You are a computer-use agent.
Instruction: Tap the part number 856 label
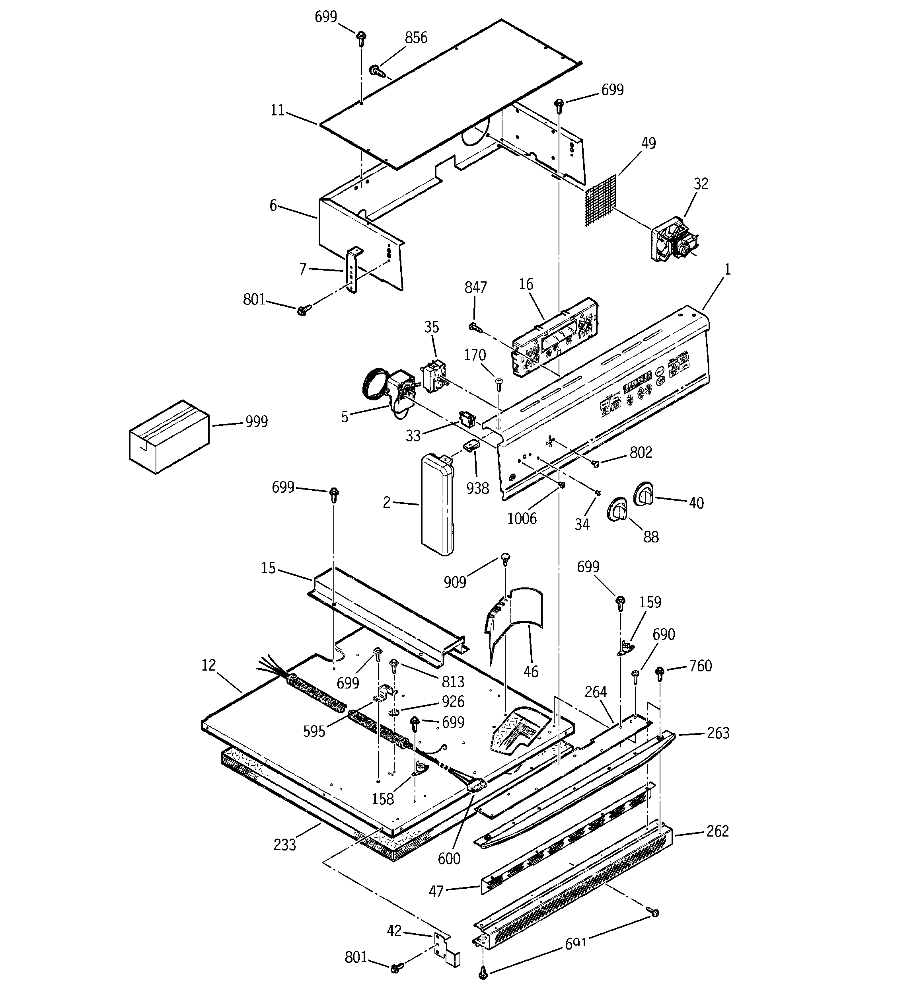click(x=416, y=38)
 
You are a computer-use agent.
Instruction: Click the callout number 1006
click(x=522, y=519)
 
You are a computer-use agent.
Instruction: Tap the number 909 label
click(x=454, y=582)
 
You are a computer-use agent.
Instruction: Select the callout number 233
click(x=284, y=844)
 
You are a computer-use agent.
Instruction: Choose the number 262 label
click(x=717, y=831)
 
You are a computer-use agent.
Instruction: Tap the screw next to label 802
click(x=596, y=463)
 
